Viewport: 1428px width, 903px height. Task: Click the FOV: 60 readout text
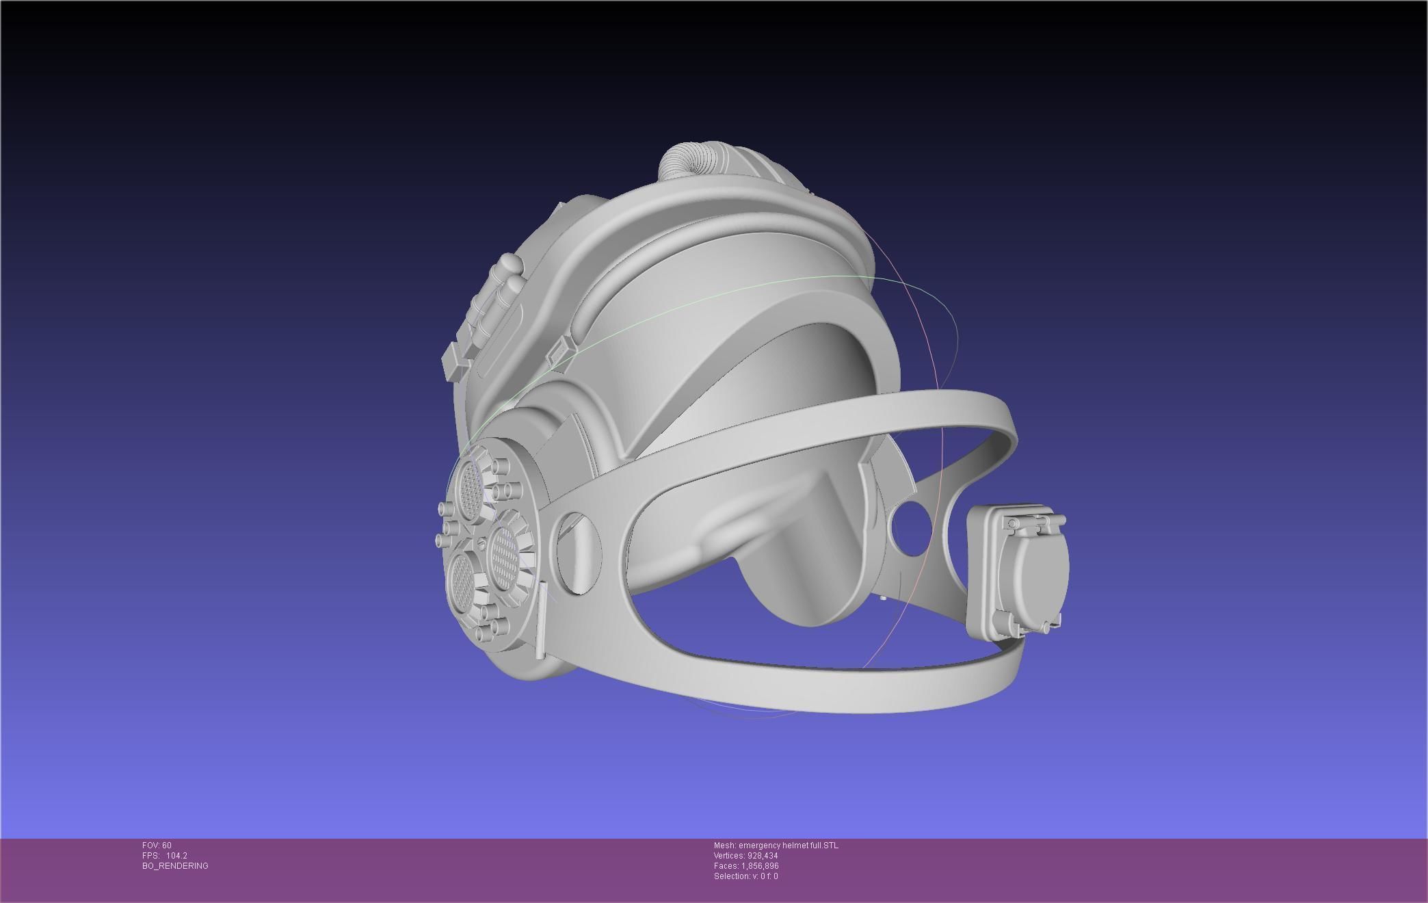click(157, 846)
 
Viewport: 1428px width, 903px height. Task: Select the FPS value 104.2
click(176, 856)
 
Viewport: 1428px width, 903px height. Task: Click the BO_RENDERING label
click(175, 866)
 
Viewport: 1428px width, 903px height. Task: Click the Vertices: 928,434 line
click(745, 856)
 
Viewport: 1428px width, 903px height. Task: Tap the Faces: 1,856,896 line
click(745, 866)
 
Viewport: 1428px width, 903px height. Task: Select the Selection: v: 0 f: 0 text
click(745, 876)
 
